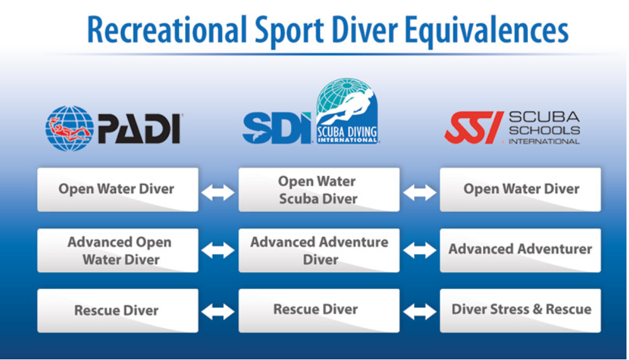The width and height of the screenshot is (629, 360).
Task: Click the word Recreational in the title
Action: coord(166,29)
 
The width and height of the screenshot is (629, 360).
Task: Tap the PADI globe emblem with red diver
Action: coord(69,128)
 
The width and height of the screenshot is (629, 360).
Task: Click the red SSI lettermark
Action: coord(474,127)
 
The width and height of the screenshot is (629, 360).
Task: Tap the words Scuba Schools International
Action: coord(543,128)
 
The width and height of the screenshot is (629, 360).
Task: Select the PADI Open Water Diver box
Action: coord(117,189)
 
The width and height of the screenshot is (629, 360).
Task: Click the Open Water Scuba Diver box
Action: coord(319,189)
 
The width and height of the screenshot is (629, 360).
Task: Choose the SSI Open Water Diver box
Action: coord(521,189)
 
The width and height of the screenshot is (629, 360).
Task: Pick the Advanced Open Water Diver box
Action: coord(117,250)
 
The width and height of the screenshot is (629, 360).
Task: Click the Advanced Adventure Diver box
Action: coord(319,250)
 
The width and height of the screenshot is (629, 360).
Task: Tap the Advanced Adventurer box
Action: coord(521,250)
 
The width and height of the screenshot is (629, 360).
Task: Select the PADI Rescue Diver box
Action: coord(117,310)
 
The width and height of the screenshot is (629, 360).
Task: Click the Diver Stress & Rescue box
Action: coord(521,310)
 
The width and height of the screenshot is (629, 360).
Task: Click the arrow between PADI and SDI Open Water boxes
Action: coord(218,192)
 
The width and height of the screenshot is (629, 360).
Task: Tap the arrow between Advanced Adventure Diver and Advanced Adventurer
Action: coord(420,251)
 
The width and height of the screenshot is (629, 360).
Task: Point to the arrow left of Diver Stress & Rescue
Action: coord(420,312)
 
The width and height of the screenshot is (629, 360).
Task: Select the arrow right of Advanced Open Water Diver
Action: coord(218,251)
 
